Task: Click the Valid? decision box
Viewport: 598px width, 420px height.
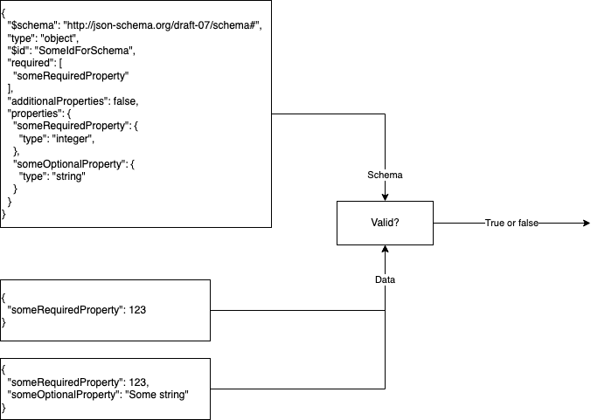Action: [385, 223]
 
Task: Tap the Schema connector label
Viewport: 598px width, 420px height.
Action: [385, 175]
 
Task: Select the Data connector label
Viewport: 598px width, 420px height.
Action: [385, 280]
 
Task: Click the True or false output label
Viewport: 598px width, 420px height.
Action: [511, 224]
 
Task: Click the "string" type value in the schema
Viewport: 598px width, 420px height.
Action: [70, 176]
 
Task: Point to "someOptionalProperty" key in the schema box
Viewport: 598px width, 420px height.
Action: [69, 164]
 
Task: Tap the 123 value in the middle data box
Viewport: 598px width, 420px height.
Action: [136, 309]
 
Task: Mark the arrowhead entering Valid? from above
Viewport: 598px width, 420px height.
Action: [385, 196]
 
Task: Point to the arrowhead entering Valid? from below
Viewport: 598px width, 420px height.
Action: [385, 250]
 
